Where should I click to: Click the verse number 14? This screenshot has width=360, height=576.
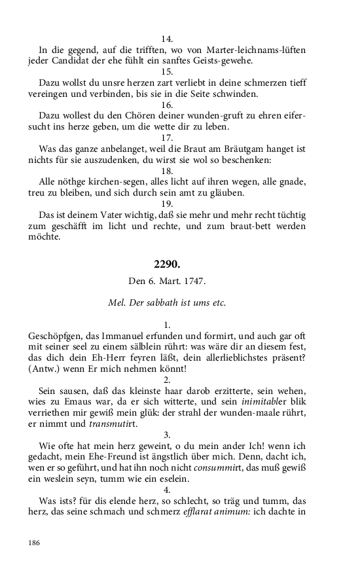point(167,39)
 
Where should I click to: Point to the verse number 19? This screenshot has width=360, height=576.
point(167,203)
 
